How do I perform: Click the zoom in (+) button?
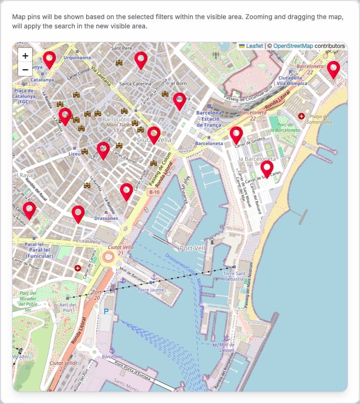click(25, 56)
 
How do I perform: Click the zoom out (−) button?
click(25, 70)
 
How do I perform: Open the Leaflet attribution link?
click(254, 46)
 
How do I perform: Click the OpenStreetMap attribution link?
click(293, 46)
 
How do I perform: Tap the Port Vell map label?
click(192, 248)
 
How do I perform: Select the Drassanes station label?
click(106, 218)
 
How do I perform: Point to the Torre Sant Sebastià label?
click(234, 277)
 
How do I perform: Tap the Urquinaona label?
click(77, 58)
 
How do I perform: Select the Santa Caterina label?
click(135, 84)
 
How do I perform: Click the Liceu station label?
click(74, 153)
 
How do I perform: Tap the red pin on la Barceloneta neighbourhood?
click(267, 168)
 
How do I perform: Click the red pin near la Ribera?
click(180, 100)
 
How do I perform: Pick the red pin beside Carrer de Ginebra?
click(236, 134)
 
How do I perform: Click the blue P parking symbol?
click(106, 311)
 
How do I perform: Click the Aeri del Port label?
click(68, 307)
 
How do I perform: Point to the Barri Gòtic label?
click(105, 119)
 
